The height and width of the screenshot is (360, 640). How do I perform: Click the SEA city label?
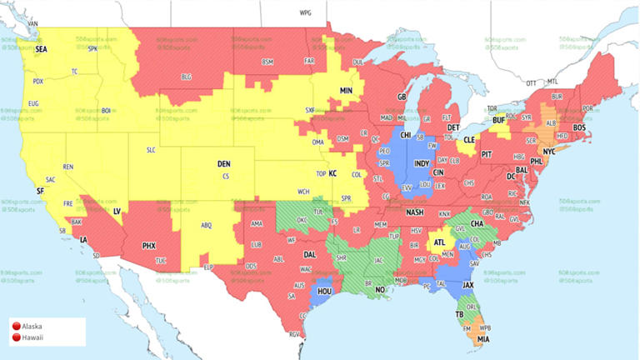pyautogui.click(x=41, y=50)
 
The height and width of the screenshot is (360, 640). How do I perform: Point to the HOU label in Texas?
pyautogui.click(x=323, y=292)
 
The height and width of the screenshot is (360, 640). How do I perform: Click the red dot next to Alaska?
pyautogui.click(x=16, y=327)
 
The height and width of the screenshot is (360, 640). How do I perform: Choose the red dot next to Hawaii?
pyautogui.click(x=16, y=337)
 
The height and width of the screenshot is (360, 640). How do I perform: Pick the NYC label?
pyautogui.click(x=549, y=152)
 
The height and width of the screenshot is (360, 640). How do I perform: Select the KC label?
pyautogui.click(x=333, y=173)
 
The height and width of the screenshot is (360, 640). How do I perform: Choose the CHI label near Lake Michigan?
pyautogui.click(x=406, y=134)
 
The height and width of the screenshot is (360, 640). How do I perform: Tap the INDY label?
pyautogui.click(x=422, y=163)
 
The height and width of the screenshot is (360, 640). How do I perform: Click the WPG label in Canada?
pyautogui.click(x=305, y=14)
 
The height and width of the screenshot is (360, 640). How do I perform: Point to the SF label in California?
pyautogui.click(x=40, y=191)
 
